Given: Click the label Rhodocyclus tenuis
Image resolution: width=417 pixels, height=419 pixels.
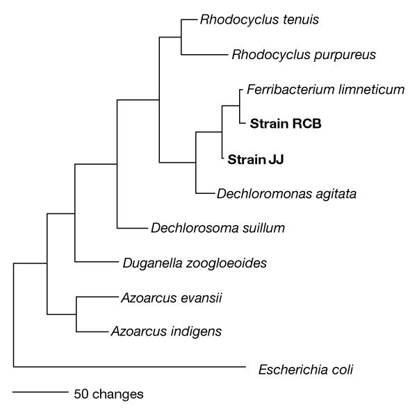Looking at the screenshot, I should tap(249, 19).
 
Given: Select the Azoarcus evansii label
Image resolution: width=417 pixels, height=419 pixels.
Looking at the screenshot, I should tap(170, 297).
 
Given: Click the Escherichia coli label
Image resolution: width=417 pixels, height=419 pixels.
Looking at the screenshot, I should tap(305, 369).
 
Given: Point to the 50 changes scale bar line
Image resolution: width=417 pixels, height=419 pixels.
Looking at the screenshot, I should tap(40, 392).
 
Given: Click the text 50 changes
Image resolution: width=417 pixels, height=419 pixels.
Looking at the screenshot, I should tap(108, 394).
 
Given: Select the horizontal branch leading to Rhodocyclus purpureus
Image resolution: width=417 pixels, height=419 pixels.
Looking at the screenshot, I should tap(204, 54).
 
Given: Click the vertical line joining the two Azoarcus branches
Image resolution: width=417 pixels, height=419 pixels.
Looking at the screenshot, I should tap(75, 314).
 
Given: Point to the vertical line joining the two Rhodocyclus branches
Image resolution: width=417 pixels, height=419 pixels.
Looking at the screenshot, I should tap(181, 37).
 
